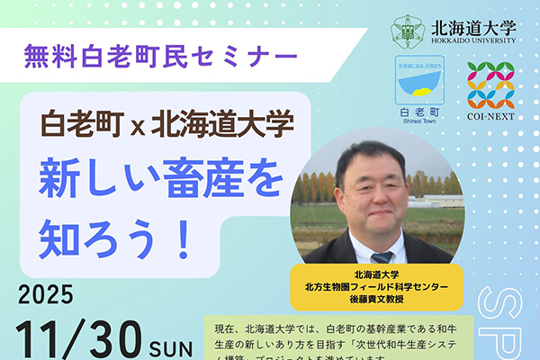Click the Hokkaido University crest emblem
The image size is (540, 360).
coord(407,31)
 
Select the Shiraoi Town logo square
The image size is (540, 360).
coord(419,82)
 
